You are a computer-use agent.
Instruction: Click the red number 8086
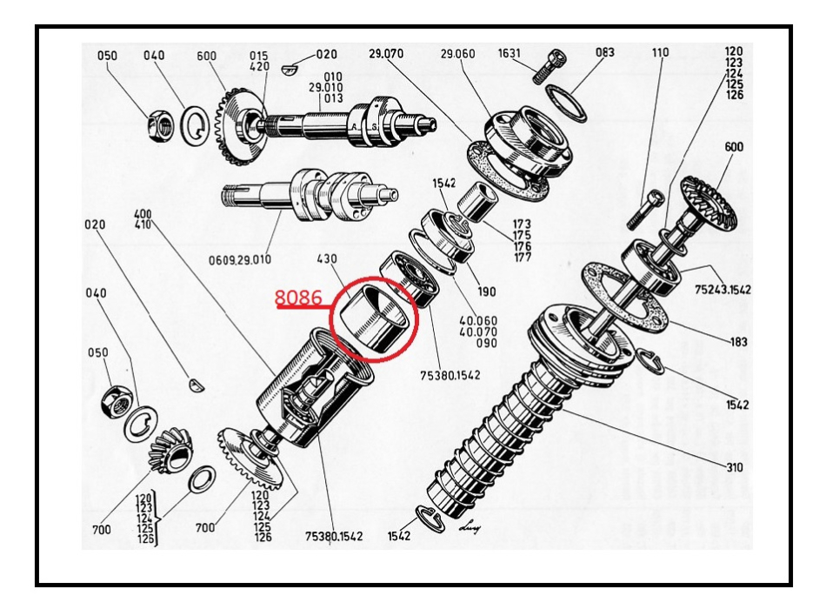[x=298, y=298]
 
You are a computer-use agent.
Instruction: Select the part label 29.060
[x=459, y=54]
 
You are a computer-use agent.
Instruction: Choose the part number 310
[x=736, y=468]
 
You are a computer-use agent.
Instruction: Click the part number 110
[x=661, y=54]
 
